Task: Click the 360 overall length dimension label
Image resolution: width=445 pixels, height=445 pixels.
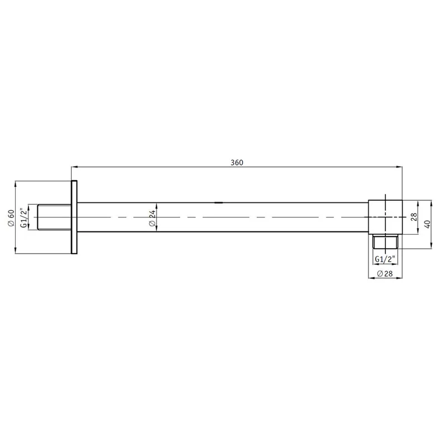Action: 237,162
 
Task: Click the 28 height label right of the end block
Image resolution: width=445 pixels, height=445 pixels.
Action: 413,217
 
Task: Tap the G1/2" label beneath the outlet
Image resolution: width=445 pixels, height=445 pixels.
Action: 384,259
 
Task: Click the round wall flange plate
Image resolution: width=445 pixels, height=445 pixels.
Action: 75,217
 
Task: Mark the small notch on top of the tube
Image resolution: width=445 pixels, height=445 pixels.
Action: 219,202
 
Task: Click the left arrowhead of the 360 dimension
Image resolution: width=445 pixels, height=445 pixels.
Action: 73,166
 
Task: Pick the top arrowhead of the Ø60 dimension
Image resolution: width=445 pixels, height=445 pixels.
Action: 16,184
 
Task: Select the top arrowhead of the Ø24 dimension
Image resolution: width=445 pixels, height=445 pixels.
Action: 156,205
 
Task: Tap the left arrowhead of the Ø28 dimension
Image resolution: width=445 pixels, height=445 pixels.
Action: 371,278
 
